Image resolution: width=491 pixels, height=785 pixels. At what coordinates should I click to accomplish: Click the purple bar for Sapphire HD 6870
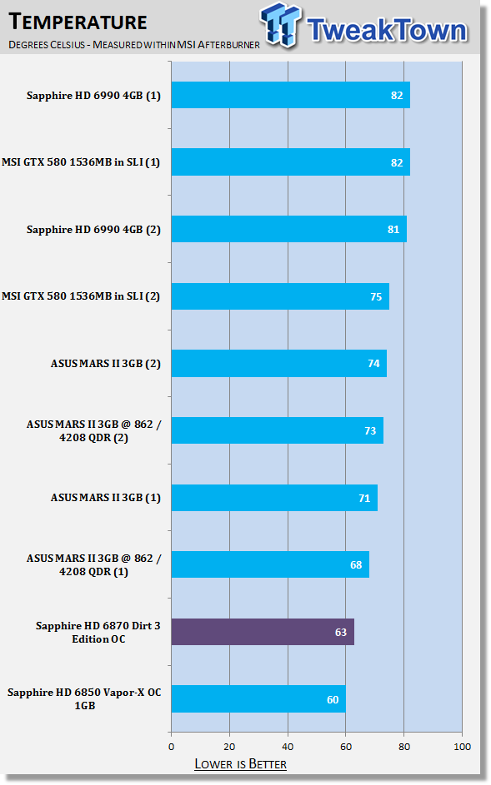tap(263, 632)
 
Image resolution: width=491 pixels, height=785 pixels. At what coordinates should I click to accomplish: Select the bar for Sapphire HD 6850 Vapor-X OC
tap(258, 699)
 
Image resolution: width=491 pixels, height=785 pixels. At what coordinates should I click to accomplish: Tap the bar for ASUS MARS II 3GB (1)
tap(274, 498)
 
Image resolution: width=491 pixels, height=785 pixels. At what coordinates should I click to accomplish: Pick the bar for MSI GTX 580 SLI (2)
tap(280, 296)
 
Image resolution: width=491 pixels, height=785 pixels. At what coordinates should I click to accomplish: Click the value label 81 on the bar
tap(393, 229)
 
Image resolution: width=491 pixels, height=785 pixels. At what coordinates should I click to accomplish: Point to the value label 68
tap(356, 564)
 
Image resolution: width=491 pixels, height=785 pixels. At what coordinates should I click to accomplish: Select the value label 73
tap(370, 430)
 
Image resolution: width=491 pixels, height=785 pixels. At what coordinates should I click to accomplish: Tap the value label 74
tap(373, 364)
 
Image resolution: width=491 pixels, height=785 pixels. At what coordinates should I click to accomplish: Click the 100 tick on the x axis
tap(462, 747)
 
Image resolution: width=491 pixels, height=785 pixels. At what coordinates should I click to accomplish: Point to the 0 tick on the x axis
tap(172, 747)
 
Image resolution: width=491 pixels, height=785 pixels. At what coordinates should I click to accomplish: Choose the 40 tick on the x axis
tap(288, 747)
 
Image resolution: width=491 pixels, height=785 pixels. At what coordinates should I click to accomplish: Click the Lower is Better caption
tap(241, 764)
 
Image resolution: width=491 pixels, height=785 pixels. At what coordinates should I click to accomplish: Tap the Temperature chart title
tap(78, 22)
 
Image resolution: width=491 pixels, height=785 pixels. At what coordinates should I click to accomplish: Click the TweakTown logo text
tap(387, 29)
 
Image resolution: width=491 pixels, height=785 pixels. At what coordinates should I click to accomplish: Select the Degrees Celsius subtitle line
tap(134, 45)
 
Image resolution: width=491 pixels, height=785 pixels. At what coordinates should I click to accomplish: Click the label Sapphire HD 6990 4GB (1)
tap(94, 95)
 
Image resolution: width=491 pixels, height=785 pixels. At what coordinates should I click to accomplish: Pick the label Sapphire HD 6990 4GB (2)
tap(94, 229)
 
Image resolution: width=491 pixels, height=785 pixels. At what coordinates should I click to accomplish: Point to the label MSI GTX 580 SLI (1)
tap(81, 162)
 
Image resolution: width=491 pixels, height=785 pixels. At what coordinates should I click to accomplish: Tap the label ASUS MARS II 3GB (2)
tap(106, 364)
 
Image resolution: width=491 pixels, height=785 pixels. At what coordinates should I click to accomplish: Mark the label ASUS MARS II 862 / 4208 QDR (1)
tap(94, 564)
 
